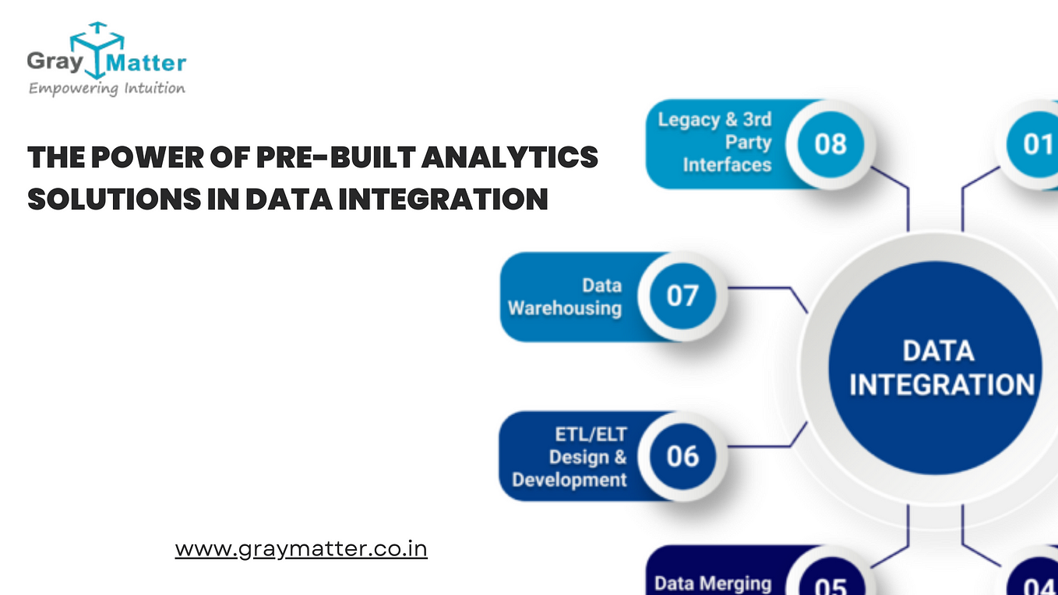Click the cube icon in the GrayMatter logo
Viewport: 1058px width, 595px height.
coord(97,50)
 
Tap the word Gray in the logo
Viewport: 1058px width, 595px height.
coord(55,62)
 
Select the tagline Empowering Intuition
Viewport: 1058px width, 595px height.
coord(107,89)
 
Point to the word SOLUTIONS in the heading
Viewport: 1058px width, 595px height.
coord(115,199)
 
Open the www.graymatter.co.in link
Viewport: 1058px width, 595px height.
coord(302,549)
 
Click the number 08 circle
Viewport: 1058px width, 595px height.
coord(831,144)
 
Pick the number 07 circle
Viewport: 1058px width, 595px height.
coord(682,296)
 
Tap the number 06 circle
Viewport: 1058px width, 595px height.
coord(682,456)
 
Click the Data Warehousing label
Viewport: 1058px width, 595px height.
coord(565,297)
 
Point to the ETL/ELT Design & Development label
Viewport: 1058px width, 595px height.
coord(570,456)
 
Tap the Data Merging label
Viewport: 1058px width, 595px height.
coord(713,583)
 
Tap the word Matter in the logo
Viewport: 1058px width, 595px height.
coord(146,63)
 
